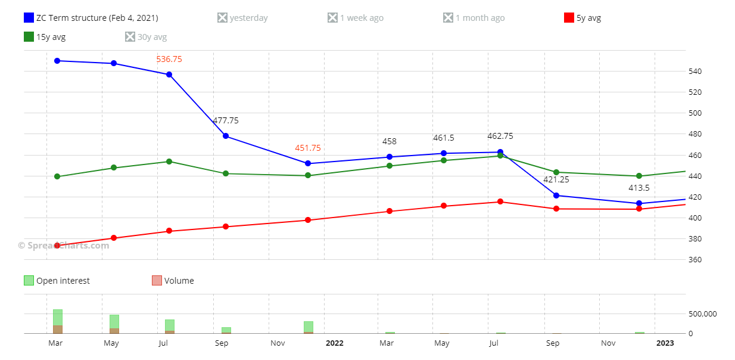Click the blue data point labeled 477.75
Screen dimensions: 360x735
(226, 136)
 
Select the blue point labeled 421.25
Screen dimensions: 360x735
(556, 195)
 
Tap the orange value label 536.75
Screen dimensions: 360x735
(169, 59)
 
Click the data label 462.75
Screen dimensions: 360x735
(500, 136)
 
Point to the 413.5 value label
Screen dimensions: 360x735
(639, 188)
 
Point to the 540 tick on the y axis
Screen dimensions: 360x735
(696, 72)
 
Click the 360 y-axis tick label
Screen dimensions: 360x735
(696, 260)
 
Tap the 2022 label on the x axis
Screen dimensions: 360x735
(335, 343)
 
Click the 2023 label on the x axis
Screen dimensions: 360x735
(665, 343)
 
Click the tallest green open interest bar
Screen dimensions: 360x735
(58, 318)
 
